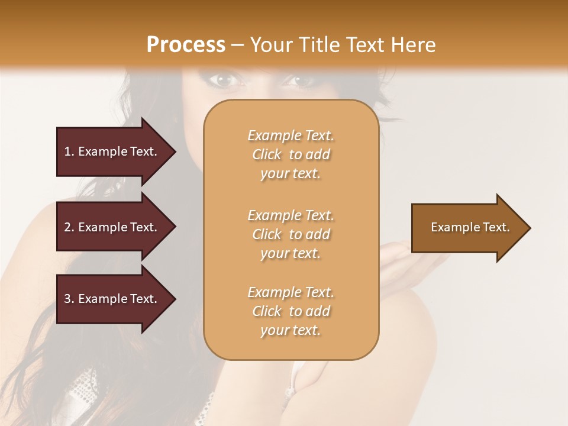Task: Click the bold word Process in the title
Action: pyautogui.click(x=185, y=45)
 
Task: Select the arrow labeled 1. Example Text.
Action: pyautogui.click(x=112, y=151)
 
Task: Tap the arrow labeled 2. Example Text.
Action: pyautogui.click(x=112, y=227)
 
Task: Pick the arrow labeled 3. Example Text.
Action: pyautogui.click(x=112, y=299)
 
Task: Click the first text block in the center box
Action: pyautogui.click(x=291, y=154)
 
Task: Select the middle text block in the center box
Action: pyautogui.click(x=291, y=234)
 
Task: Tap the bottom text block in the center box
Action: pyautogui.click(x=291, y=311)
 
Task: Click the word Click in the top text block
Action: pyautogui.click(x=267, y=154)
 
